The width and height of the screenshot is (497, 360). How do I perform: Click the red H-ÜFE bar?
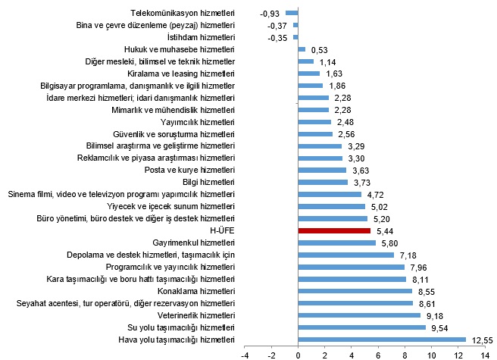(x=334, y=230)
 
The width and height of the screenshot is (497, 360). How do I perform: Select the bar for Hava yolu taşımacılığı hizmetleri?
(x=382, y=340)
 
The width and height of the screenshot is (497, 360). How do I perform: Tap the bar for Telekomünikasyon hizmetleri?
(x=292, y=13)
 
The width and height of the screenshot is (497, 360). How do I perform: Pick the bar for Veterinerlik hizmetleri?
(x=359, y=315)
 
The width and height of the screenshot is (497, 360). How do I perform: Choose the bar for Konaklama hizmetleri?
(x=355, y=291)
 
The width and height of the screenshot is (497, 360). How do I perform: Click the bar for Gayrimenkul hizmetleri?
(x=337, y=243)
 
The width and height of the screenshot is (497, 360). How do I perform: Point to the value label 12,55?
(x=483, y=340)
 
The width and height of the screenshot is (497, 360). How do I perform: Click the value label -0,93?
(x=270, y=14)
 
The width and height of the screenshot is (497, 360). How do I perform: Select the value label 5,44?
(x=384, y=230)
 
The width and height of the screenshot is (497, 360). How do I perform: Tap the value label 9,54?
(x=440, y=327)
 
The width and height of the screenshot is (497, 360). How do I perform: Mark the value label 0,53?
(x=320, y=49)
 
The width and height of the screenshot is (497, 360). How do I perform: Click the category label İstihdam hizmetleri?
(x=201, y=37)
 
